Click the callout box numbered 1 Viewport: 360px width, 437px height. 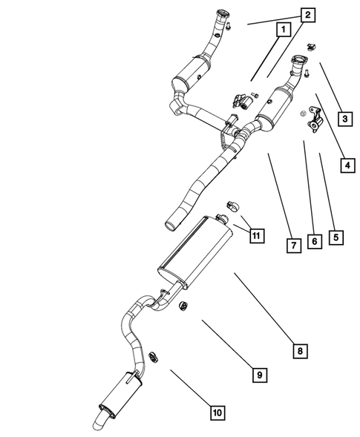(281, 30)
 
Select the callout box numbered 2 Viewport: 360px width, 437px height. (307, 14)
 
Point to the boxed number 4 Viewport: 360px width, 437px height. (347, 165)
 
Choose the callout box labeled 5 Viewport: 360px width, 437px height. (336, 237)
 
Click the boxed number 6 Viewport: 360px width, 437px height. (315, 241)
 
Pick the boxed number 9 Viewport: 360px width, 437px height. (259, 375)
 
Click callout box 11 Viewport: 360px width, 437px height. (255, 235)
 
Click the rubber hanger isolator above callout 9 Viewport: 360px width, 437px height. (183, 306)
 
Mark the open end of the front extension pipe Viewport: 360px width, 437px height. (171, 221)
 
